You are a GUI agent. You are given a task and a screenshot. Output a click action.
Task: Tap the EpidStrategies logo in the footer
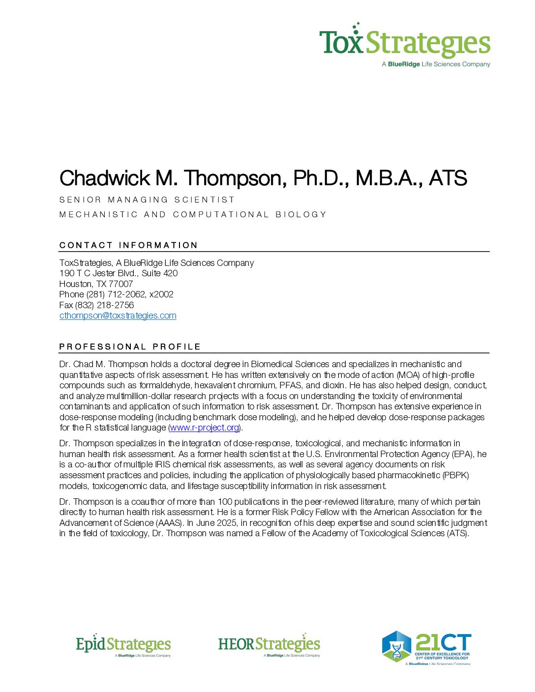(123, 645)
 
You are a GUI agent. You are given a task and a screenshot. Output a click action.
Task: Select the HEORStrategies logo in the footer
(269, 645)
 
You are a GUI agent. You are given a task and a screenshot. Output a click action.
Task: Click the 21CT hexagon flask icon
(396, 646)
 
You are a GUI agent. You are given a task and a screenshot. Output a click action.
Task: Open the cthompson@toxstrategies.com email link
(118, 316)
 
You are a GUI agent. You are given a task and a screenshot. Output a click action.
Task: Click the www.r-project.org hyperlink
(205, 428)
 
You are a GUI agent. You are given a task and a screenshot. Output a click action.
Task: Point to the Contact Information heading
(128, 245)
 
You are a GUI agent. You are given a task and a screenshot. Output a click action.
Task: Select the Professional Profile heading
(130, 346)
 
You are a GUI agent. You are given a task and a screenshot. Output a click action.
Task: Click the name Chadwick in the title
(105, 178)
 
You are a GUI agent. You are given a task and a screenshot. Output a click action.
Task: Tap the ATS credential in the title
(447, 178)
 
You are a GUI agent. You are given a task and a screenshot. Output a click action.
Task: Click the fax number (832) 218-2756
(104, 305)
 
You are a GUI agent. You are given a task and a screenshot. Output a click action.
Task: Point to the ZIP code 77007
(121, 284)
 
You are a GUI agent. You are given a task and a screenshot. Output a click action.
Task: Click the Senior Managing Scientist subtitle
(147, 200)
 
